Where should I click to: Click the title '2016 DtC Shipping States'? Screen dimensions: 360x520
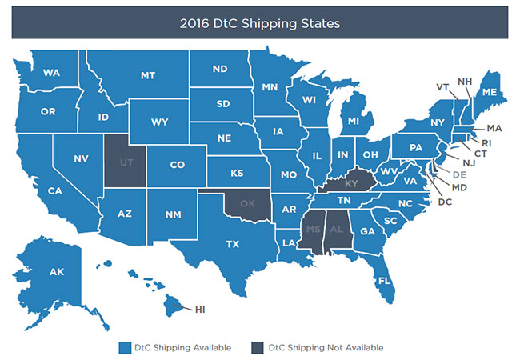[x=259, y=23]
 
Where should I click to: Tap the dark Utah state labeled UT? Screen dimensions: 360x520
[x=126, y=160]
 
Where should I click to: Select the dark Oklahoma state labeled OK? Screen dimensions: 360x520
[x=247, y=202]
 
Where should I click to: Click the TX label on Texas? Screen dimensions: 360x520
[x=233, y=243]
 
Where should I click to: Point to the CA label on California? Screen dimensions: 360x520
[x=55, y=190]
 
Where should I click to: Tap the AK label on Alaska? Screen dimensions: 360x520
[x=56, y=272]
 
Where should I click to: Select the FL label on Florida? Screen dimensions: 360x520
[x=385, y=281]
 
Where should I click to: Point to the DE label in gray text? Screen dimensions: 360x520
[x=458, y=174]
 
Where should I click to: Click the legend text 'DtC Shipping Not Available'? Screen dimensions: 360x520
[x=326, y=347]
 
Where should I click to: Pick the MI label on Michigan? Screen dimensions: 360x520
[x=354, y=122]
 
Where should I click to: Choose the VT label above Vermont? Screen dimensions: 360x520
[x=441, y=86]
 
